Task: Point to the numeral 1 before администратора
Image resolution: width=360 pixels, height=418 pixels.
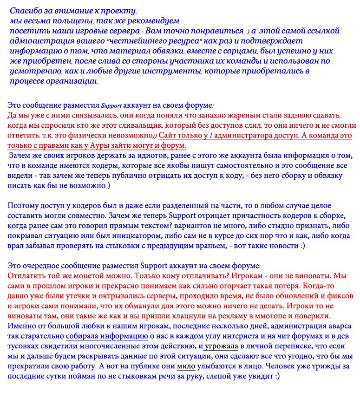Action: (210, 136)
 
